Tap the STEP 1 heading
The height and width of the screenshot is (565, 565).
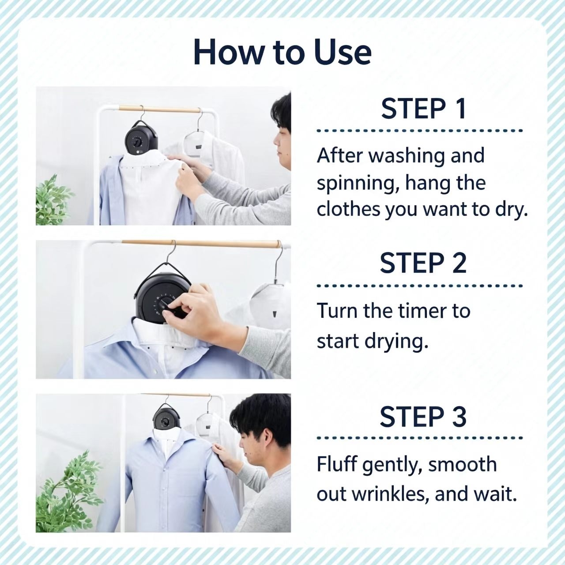coord(423,109)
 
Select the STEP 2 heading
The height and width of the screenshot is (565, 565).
coord(423,263)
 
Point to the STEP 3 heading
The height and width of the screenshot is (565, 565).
coord(423,417)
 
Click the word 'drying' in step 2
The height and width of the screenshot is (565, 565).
coord(396,342)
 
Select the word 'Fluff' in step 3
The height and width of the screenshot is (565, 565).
coord(338,464)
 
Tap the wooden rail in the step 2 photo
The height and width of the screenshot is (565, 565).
coord(200,243)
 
